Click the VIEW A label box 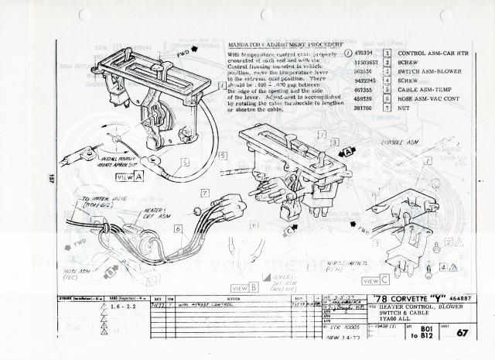(129, 177)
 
